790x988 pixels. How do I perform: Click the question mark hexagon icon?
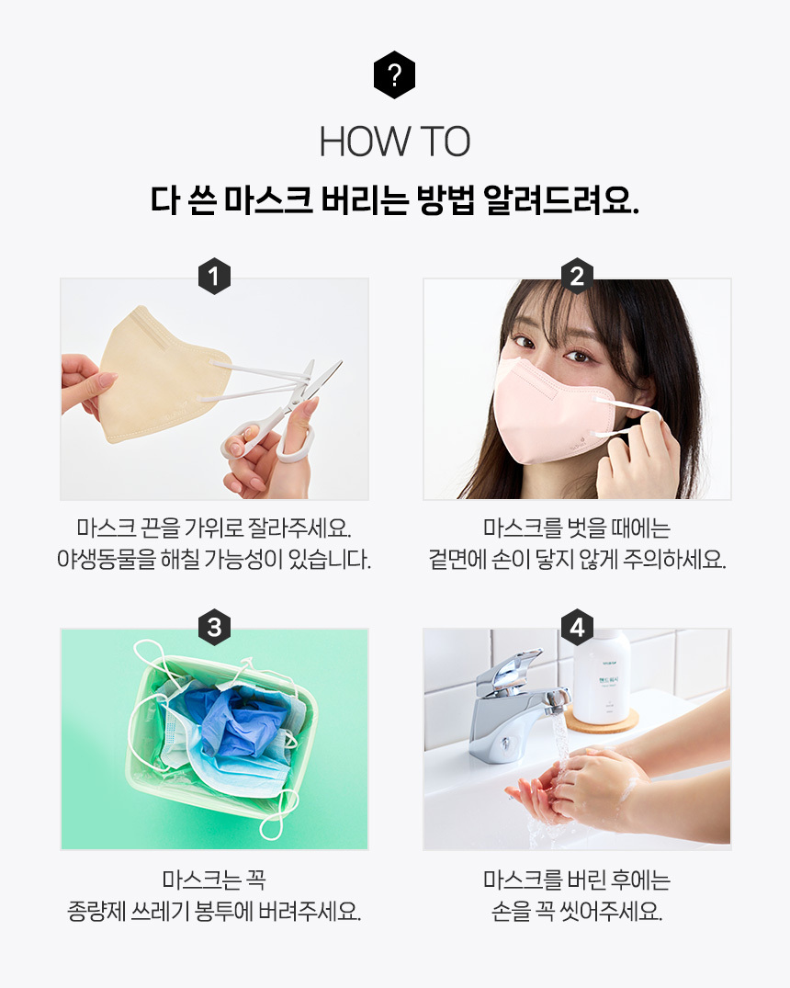pyautogui.click(x=394, y=75)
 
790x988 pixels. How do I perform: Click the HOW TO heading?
pyautogui.click(x=395, y=142)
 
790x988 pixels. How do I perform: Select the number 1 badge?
pyautogui.click(x=214, y=276)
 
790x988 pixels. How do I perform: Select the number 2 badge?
pyautogui.click(x=577, y=276)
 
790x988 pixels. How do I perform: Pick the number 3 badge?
pyautogui.click(x=214, y=627)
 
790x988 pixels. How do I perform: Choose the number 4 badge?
pyautogui.click(x=577, y=627)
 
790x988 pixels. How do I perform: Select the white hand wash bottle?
pyautogui.click(x=601, y=677)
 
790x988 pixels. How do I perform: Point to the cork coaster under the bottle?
pyautogui.click(x=604, y=721)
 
